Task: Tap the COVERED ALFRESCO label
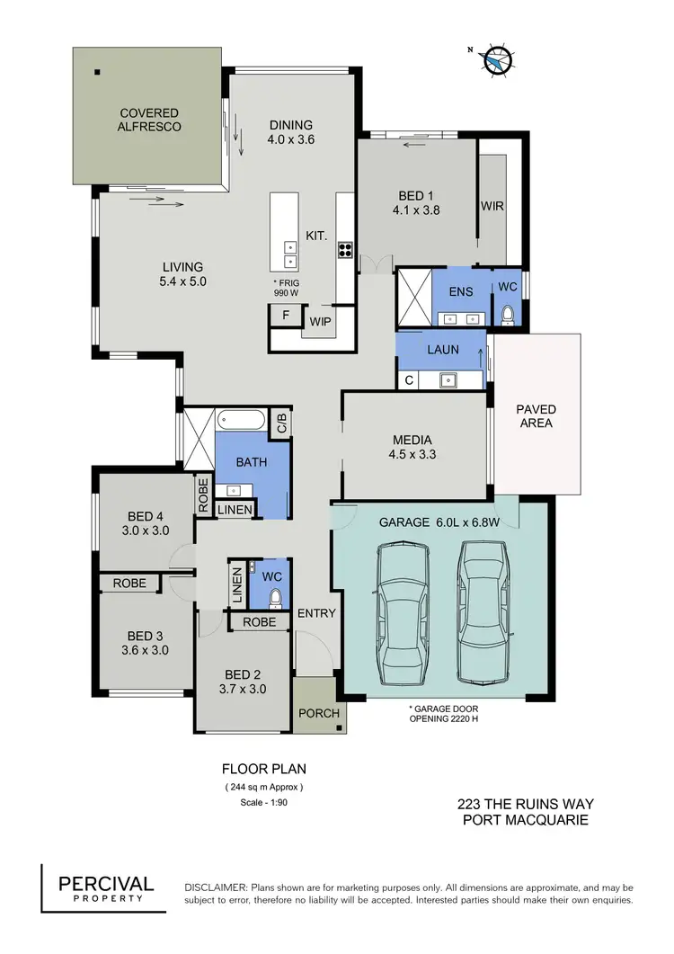tap(150, 120)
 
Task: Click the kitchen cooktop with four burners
tap(344, 251)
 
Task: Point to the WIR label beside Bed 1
tap(492, 206)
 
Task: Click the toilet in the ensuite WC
tap(508, 315)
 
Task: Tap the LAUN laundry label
tap(443, 348)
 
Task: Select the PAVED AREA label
tap(536, 416)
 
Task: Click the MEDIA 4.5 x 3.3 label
tap(416, 448)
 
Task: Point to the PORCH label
tap(319, 714)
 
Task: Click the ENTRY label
tap(315, 614)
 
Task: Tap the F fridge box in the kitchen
tap(285, 316)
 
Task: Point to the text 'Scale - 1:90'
tap(263, 803)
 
